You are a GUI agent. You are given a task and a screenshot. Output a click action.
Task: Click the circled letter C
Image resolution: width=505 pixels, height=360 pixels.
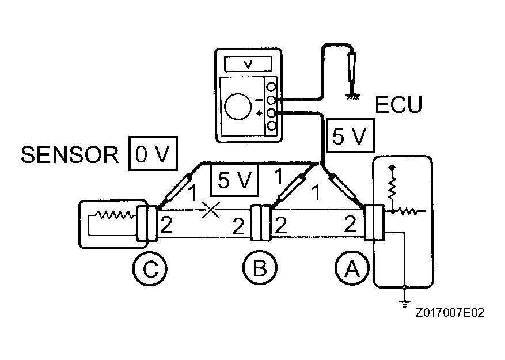tap(149, 269)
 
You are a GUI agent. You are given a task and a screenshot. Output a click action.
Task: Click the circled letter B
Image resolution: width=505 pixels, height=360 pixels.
tap(259, 269)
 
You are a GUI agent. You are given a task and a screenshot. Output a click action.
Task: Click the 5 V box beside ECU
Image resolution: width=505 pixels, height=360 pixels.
tap(350, 137)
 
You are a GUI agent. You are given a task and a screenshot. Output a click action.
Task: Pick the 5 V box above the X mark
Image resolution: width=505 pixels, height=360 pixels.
tap(234, 180)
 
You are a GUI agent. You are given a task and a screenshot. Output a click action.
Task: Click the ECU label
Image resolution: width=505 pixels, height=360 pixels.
tap(398, 105)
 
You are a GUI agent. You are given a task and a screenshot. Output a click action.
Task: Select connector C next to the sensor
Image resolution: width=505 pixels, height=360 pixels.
tap(146, 223)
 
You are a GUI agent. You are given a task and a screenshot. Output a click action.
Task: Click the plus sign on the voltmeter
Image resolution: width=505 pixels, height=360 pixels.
tap(259, 113)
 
